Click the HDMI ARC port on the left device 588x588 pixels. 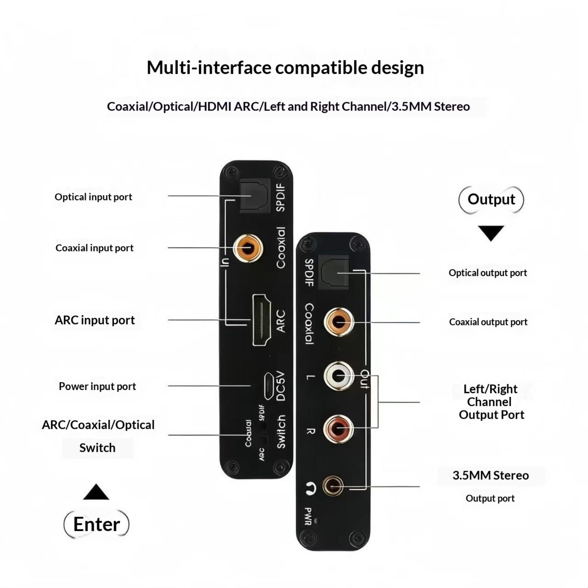[262, 320]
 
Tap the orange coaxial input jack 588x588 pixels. [248, 248]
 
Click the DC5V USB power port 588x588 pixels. [268, 386]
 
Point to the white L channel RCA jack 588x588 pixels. [338, 376]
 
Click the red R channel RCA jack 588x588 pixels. [338, 429]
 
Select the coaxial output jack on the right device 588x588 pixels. [338, 322]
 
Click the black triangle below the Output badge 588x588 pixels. [491, 233]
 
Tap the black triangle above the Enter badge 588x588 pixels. [96, 493]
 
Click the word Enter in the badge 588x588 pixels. [97, 524]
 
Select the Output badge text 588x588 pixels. [491, 199]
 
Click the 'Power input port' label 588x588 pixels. [97, 386]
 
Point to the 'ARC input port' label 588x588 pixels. [95, 320]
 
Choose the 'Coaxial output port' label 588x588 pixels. [488, 322]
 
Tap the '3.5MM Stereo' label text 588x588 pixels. [491, 475]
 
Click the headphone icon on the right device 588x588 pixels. [311, 488]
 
